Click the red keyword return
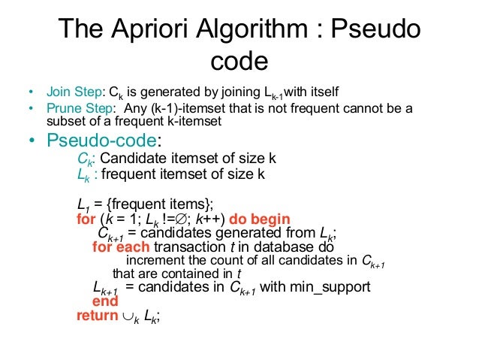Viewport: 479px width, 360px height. [x=97, y=316]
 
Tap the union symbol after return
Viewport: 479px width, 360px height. [x=128, y=316]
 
